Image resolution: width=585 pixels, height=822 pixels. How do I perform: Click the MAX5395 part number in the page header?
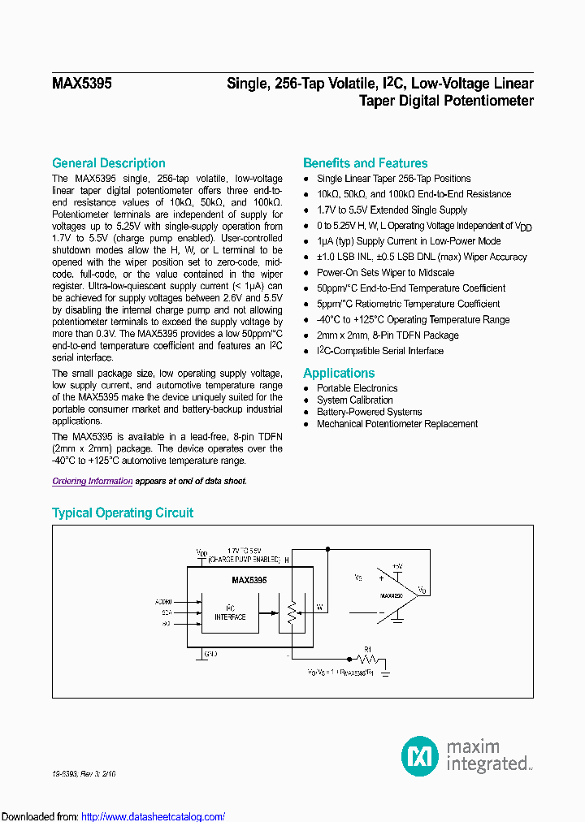click(82, 83)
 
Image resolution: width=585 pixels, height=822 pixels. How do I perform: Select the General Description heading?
click(109, 163)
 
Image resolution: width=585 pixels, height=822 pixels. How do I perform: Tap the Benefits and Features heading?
click(365, 163)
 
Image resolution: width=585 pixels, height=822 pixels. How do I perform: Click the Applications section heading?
click(339, 373)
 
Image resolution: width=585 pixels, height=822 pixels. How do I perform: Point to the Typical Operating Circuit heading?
click(123, 513)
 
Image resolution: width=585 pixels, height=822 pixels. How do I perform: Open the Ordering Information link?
click(93, 481)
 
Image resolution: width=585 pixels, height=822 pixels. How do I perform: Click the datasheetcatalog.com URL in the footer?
click(154, 816)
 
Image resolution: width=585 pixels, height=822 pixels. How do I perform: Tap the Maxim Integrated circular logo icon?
click(420, 755)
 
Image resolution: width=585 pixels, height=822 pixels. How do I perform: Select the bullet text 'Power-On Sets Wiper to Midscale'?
click(385, 273)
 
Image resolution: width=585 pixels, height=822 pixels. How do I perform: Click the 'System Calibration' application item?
click(355, 400)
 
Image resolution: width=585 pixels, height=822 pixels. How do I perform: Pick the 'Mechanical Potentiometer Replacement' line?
click(397, 424)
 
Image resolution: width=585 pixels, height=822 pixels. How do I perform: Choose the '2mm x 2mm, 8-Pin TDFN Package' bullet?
click(388, 335)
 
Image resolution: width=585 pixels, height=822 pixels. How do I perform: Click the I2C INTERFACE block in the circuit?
click(231, 612)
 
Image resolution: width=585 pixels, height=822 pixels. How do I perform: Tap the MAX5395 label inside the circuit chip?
click(249, 581)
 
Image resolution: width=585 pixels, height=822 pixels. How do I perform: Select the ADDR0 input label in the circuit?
click(162, 602)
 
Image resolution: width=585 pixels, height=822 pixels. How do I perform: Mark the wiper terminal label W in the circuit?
click(319, 607)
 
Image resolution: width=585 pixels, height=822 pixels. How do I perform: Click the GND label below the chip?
click(210, 653)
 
